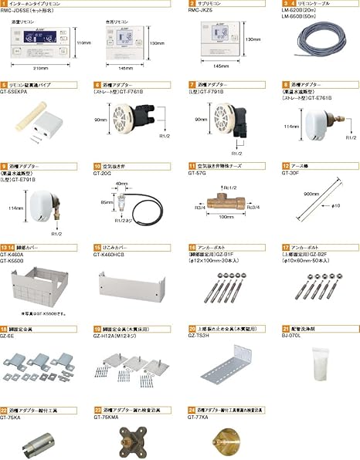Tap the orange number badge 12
pos(286,166)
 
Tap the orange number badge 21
pos(286,327)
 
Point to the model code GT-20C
pos(104,173)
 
